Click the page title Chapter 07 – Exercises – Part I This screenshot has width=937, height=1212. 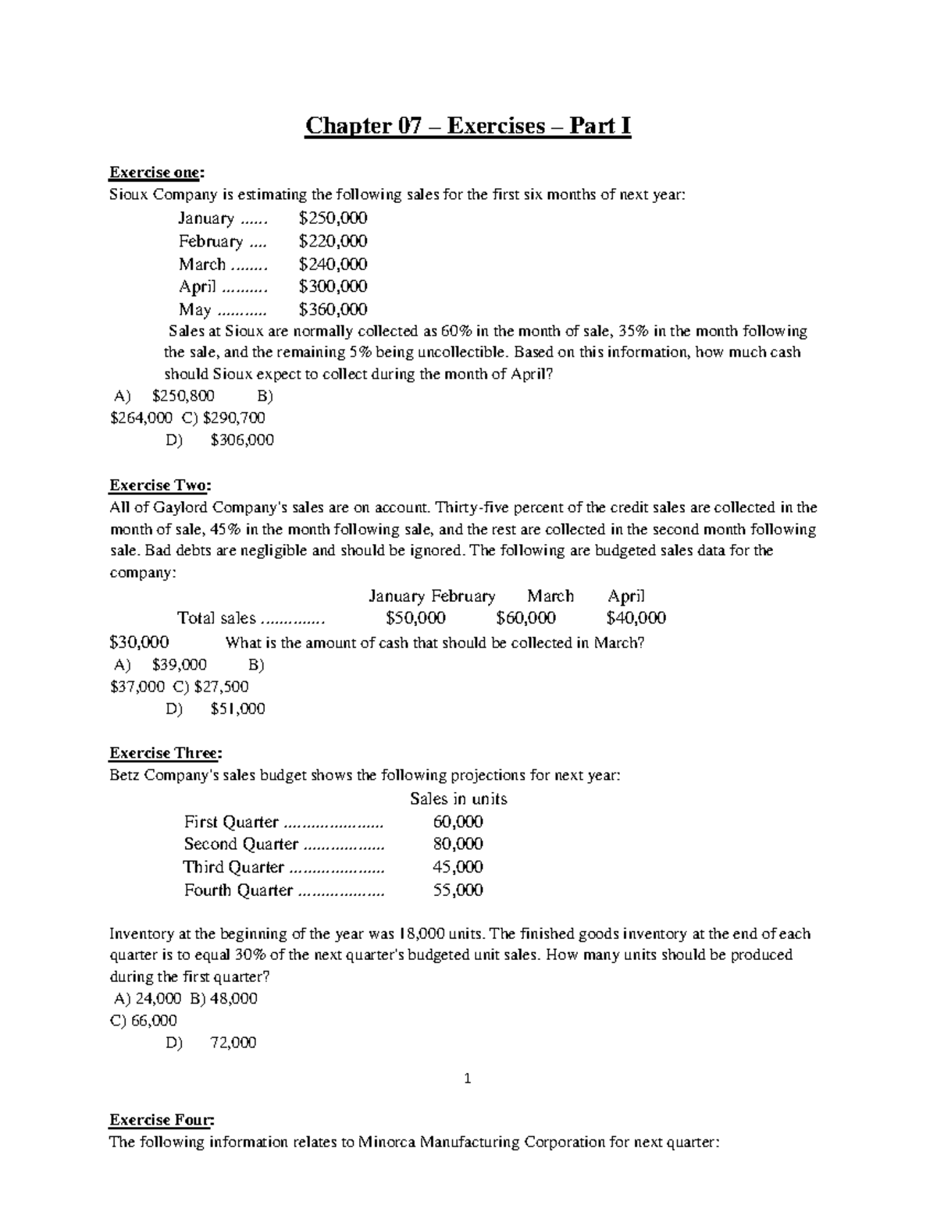pyautogui.click(x=467, y=126)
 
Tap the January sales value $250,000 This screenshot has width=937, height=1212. pyautogui.click(x=333, y=218)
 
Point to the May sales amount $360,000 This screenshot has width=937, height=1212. pyautogui.click(x=333, y=309)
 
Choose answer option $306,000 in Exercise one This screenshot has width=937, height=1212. pyautogui.click(x=242, y=440)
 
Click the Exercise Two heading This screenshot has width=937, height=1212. pyautogui.click(x=159, y=485)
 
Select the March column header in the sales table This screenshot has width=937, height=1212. pyautogui.click(x=550, y=596)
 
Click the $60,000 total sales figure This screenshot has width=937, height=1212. pyautogui.click(x=526, y=619)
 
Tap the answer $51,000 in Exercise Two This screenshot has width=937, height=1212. pyautogui.click(x=237, y=709)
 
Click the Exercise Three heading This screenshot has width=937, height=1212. pyautogui.click(x=166, y=753)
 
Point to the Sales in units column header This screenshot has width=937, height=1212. pyautogui.click(x=458, y=799)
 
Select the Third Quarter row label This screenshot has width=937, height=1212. pyautogui.click(x=233, y=867)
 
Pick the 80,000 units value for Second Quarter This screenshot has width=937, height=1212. pyautogui.click(x=458, y=844)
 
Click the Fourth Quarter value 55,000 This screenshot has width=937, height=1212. pyautogui.click(x=458, y=890)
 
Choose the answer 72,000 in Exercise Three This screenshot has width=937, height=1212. pyautogui.click(x=233, y=1043)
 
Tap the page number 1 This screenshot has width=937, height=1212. pyautogui.click(x=467, y=1080)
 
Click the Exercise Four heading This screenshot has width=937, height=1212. pyautogui.click(x=161, y=1121)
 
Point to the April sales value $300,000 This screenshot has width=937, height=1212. pyautogui.click(x=333, y=286)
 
